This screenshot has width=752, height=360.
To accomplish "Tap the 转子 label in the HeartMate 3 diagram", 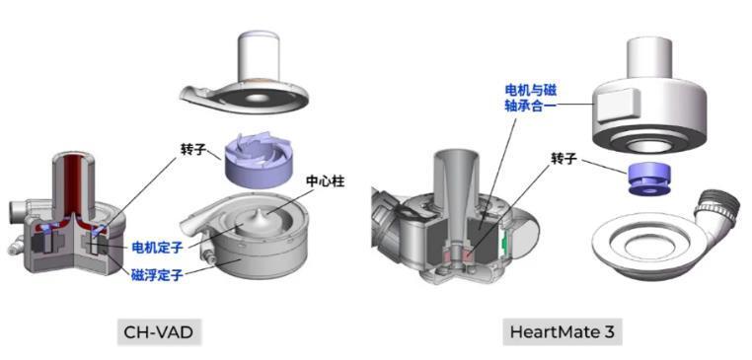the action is (563, 159).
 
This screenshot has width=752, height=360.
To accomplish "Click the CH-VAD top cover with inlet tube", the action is (260, 78).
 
